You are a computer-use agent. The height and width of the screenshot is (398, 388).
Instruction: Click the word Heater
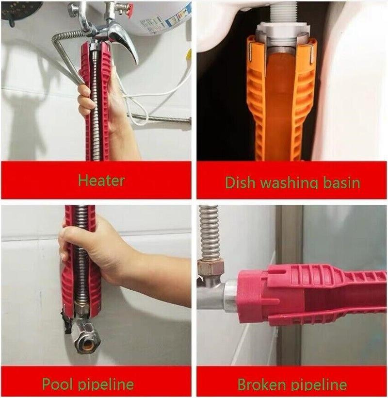(x=101, y=181)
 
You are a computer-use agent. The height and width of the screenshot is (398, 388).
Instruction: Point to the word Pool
(x=57, y=383)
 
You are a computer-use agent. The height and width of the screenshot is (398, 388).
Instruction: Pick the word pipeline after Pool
(x=106, y=384)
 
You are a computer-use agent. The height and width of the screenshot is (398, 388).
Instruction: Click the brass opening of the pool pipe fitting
(x=87, y=344)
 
